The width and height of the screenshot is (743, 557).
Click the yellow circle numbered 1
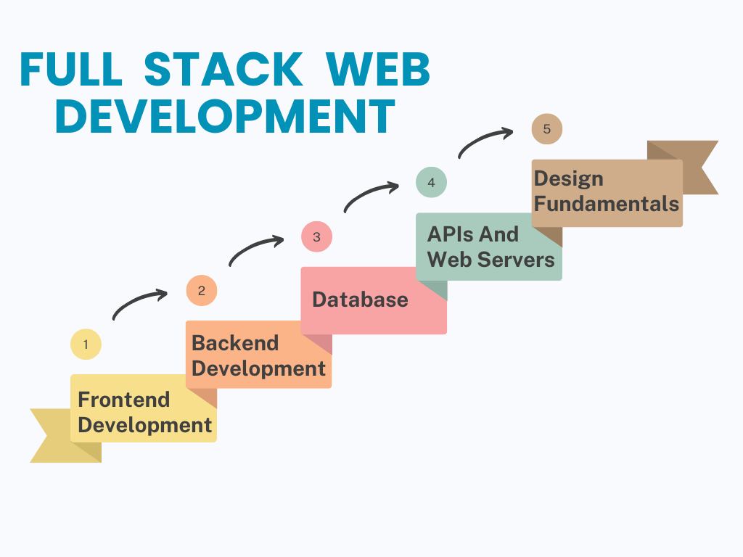[86, 344]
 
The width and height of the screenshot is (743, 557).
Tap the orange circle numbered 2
[202, 291]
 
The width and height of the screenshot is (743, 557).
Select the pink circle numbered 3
[316, 237]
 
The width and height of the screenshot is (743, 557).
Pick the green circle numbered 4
[431, 183]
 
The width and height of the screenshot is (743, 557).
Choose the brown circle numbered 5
[546, 130]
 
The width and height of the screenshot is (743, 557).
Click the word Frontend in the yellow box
[123, 400]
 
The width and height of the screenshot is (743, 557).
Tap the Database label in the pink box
[360, 300]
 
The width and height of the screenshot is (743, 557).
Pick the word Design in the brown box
[569, 178]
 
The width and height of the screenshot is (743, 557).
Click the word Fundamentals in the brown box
[607, 204]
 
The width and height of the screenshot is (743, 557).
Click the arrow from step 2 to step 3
[255, 249]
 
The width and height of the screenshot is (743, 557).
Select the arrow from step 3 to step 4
[370, 195]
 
